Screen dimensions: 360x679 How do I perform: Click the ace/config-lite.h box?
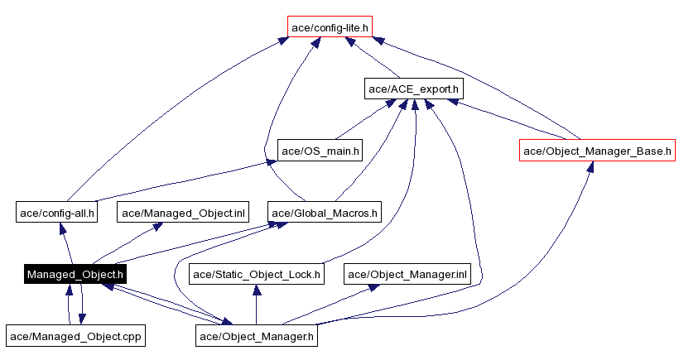[330, 26]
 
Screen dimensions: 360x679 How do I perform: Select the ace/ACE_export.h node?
[413, 88]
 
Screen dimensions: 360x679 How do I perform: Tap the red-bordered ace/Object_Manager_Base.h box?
[597, 151]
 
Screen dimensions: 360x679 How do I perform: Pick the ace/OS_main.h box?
[320, 151]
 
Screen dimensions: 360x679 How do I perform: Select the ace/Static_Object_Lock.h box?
[257, 274]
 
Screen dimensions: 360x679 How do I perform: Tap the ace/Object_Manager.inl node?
[407, 274]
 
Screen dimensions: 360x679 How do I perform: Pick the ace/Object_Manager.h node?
[257, 335]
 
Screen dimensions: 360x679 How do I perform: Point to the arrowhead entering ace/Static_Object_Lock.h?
[257, 290]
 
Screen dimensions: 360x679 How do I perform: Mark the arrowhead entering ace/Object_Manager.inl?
[374, 287]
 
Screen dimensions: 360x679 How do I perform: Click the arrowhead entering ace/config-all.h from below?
[60, 229]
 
